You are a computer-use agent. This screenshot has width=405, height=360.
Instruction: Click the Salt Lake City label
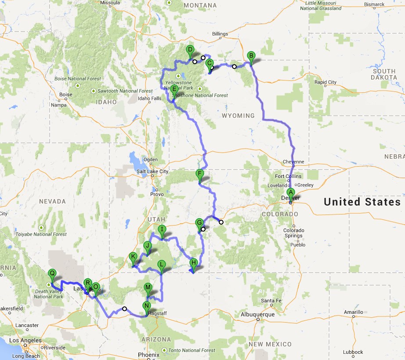click(x=152, y=171)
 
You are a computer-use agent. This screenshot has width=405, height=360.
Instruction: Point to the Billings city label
click(x=220, y=34)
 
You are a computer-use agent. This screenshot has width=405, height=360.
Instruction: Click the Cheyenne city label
click(x=293, y=162)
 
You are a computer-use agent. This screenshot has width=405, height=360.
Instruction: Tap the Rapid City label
click(x=325, y=82)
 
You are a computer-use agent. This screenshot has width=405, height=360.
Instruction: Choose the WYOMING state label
click(x=239, y=116)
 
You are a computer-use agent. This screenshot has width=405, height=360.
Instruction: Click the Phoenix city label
click(x=148, y=355)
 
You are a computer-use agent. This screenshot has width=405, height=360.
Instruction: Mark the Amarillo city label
click(x=354, y=312)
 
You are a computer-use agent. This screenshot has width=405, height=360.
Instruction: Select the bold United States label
click(x=359, y=202)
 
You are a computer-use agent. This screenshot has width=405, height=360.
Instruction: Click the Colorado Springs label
click(x=293, y=233)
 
